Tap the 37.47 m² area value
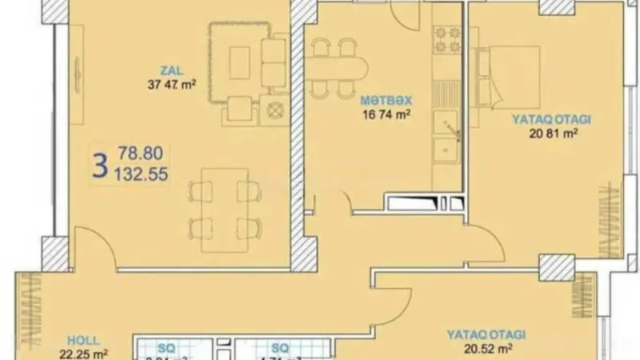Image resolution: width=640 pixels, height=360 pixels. click(172, 83)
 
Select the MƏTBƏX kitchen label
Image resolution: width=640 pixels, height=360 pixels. click(386, 100)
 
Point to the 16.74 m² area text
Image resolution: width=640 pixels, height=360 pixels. click(386, 114)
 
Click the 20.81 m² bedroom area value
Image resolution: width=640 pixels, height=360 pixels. click(553, 134)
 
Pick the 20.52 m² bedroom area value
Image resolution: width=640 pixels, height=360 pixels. click(486, 348)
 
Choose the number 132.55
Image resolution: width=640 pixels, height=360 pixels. click(142, 173)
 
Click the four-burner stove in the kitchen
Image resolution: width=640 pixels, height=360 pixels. click(447, 39)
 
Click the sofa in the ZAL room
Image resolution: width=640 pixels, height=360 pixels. click(274, 63)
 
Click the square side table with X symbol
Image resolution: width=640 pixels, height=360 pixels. click(274, 110)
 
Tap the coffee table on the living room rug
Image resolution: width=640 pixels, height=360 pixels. click(239, 62)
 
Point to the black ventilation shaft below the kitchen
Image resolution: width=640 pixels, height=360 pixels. click(424, 202)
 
